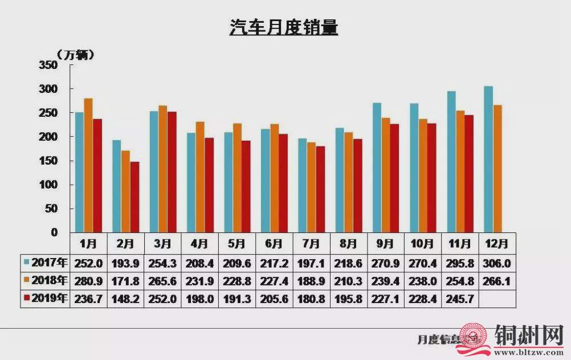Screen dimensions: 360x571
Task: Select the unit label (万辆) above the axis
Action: (x=75, y=55)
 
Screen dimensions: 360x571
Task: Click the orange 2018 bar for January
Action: (x=88, y=165)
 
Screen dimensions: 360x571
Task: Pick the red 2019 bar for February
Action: (x=134, y=197)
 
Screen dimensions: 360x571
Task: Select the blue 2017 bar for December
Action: (x=488, y=159)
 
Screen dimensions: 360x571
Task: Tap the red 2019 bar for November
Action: (x=469, y=174)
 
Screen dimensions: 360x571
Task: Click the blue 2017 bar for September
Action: (x=377, y=167)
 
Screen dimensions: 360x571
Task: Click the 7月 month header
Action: (x=312, y=244)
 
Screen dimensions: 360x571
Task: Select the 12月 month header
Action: (x=497, y=244)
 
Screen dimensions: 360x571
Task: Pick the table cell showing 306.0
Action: (x=497, y=263)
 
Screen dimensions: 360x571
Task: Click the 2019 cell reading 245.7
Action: (x=460, y=298)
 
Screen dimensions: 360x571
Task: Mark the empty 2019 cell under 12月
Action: (x=497, y=298)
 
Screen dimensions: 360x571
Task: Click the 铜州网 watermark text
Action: (x=529, y=336)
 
